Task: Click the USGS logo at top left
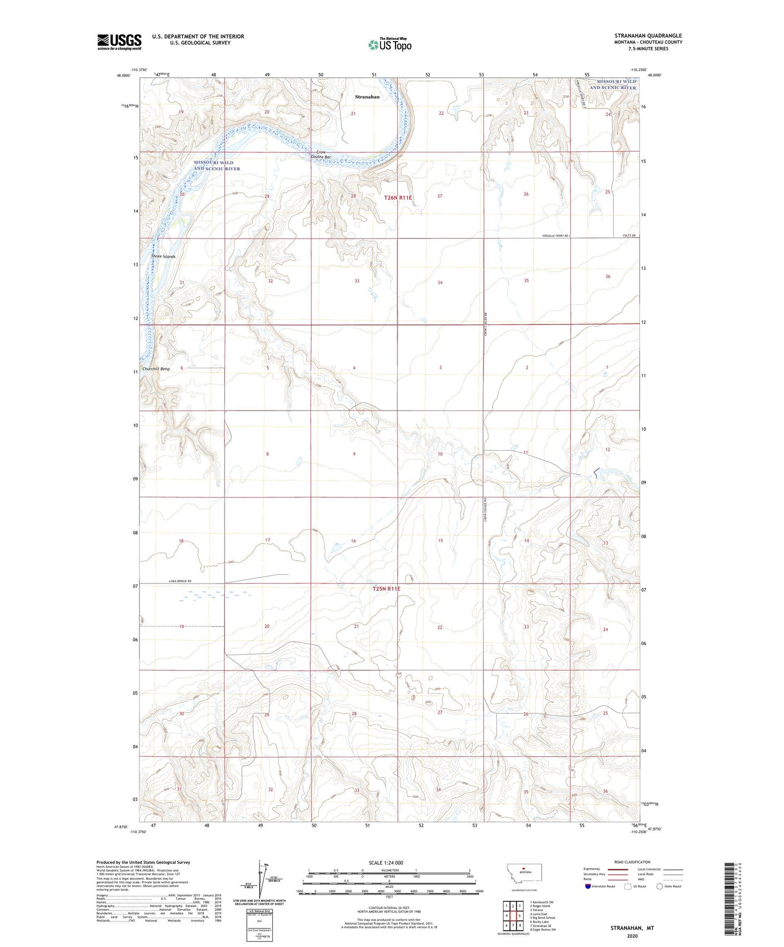coord(119,42)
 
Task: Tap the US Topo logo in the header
coord(389,44)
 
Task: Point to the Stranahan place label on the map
coord(367,97)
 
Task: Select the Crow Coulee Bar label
coord(321,155)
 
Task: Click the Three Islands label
coord(163,256)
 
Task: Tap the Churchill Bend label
coord(156,369)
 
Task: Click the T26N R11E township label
coord(398,198)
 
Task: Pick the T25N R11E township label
coord(386,588)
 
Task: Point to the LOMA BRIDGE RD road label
coord(177,581)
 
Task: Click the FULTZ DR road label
coord(628,235)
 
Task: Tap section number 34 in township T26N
coord(440,282)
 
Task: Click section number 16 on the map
coord(353,541)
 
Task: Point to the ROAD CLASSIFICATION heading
coord(632,862)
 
